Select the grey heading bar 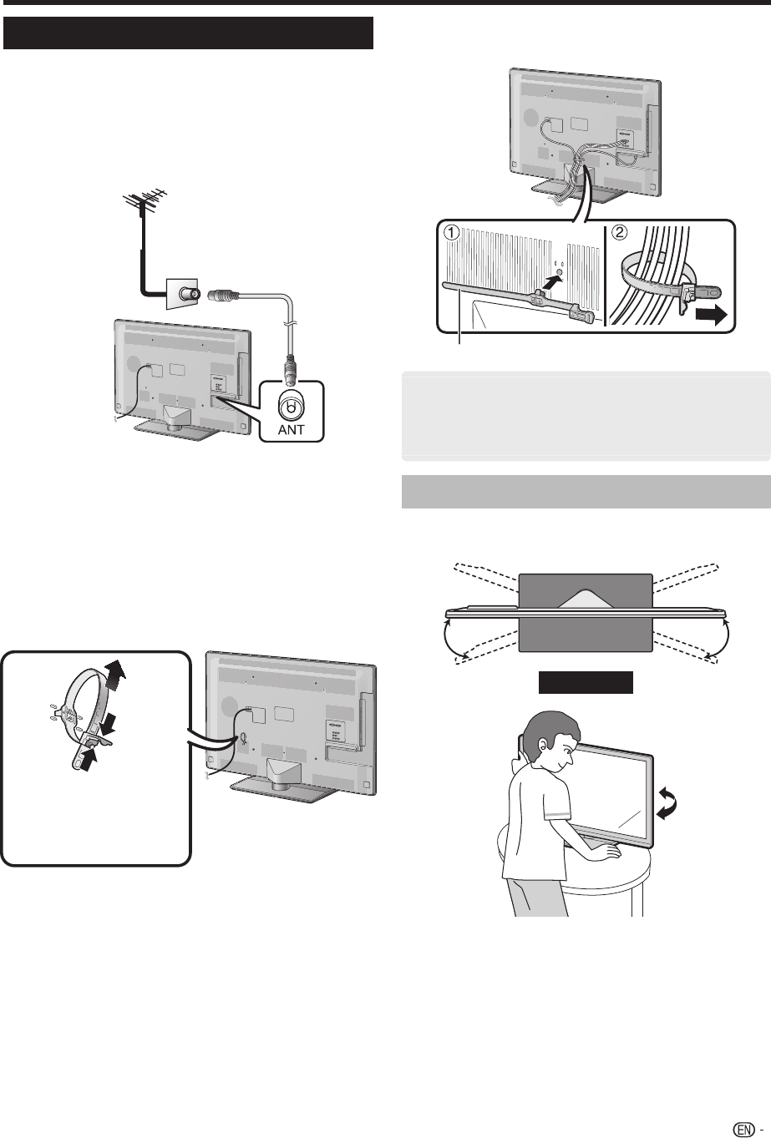coord(586,491)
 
